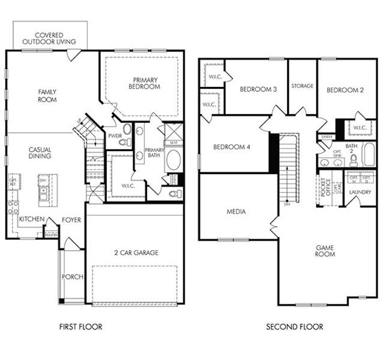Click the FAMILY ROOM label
pos(47,95)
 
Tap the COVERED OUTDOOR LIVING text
pos(49,38)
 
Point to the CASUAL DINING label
pos(40,152)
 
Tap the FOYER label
pos(71,220)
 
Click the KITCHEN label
pos(31,220)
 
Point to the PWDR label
pos(115,136)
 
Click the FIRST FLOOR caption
pos(80,327)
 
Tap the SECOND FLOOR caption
pos(294,327)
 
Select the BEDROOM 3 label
pos(258,90)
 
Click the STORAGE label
pos(302,86)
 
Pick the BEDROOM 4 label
pos(231,147)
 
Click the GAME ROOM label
pos(326,250)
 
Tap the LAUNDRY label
pos(360,192)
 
